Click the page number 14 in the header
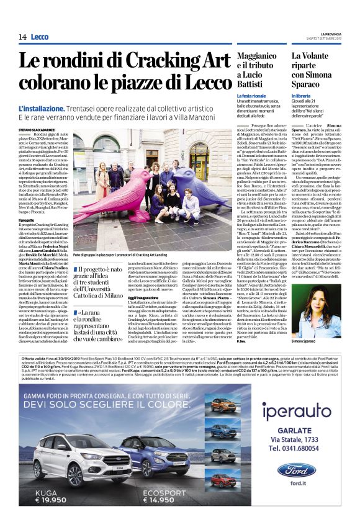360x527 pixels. click(22, 37)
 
